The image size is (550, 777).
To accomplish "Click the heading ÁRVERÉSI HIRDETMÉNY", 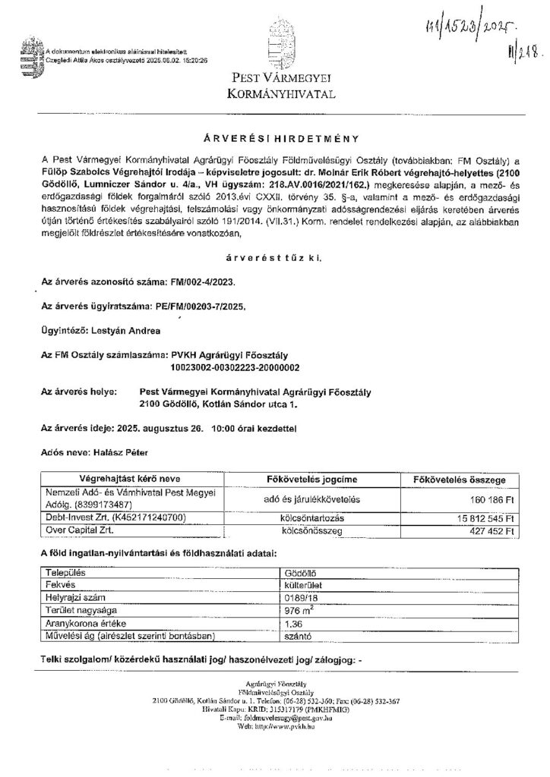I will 274,140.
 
